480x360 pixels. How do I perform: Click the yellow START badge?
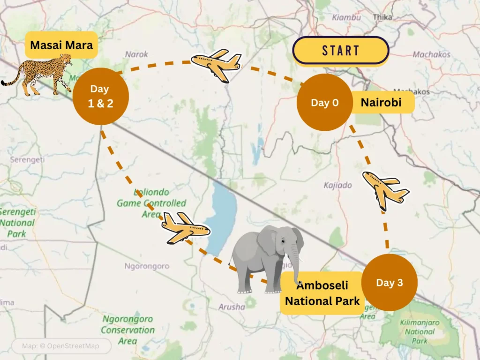tap(341, 50)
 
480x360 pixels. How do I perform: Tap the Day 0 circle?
tap(324, 103)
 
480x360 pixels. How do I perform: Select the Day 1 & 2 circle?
tap(101, 97)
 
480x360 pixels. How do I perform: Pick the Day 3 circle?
tap(390, 283)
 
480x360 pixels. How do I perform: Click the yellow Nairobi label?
tap(382, 102)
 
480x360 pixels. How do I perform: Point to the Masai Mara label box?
tap(61, 45)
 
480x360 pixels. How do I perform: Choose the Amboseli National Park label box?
tap(322, 293)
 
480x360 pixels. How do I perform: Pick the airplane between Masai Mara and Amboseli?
tap(185, 227)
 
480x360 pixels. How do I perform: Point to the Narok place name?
tap(136, 54)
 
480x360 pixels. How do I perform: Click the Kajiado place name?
tap(337, 185)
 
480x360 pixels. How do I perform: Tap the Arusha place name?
tap(232, 307)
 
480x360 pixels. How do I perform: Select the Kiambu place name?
tap(346, 17)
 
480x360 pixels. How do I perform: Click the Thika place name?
tap(382, 17)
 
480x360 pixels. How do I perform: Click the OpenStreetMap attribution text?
tap(61, 346)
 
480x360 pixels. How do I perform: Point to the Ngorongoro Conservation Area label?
tap(127, 330)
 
